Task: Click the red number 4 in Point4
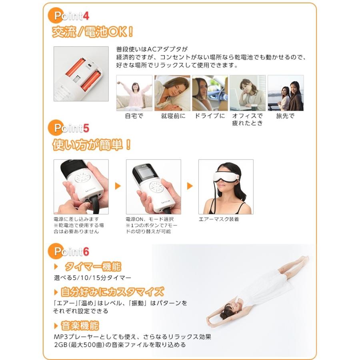[x=86, y=16]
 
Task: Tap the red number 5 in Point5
[x=86, y=128]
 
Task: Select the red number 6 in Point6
[x=86, y=252]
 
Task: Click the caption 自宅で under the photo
[x=134, y=116]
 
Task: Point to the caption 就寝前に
[x=173, y=116]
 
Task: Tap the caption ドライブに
[x=210, y=116]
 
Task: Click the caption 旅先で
[x=285, y=116]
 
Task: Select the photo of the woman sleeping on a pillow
[x=172, y=93]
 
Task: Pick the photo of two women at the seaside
[x=286, y=93]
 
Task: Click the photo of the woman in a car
[x=210, y=93]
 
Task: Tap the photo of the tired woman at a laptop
[x=248, y=93]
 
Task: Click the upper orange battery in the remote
[x=76, y=67]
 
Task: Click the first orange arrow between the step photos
[x=118, y=186]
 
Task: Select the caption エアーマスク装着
[x=219, y=219]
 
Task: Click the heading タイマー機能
[x=93, y=266]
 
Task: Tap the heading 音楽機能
[x=80, y=326]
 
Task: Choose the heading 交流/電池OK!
[x=93, y=32]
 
